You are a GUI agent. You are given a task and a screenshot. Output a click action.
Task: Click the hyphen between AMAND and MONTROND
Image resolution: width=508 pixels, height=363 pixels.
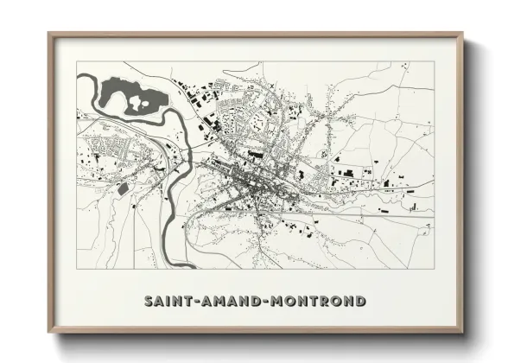[x=260, y=301]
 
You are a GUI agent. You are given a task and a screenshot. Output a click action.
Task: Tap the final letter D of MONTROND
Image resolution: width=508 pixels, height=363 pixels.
[x=359, y=301]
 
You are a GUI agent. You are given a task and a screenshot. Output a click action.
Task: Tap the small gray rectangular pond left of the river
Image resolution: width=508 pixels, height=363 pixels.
[x=122, y=188]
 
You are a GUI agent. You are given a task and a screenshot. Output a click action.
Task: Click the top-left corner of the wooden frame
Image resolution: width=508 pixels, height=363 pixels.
[x=48, y=34]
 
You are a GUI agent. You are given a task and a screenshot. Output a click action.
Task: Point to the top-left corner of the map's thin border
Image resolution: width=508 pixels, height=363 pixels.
[x=77, y=61]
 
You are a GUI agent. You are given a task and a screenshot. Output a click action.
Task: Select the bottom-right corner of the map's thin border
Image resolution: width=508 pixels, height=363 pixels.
[x=434, y=270]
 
